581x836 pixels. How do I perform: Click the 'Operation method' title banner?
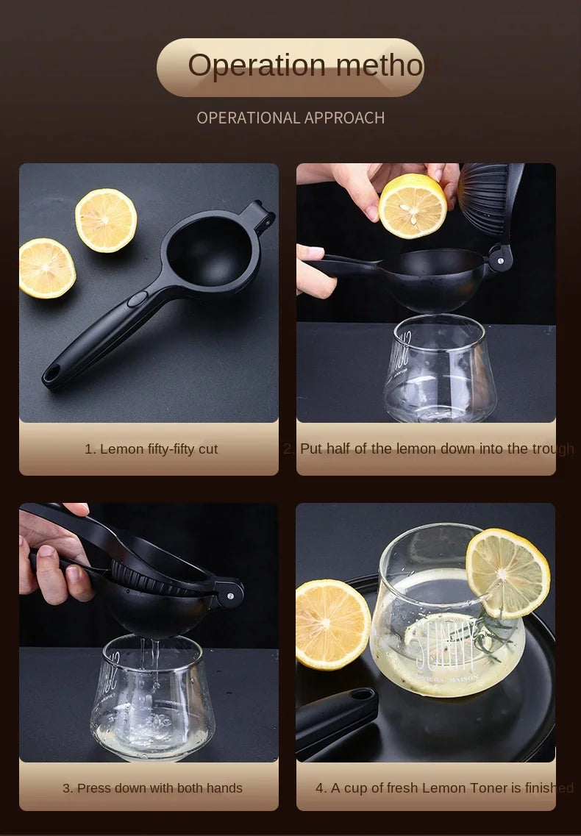point(290,67)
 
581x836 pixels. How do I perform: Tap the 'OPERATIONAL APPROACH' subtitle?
point(290,118)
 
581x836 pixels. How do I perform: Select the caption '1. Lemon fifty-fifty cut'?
point(151,449)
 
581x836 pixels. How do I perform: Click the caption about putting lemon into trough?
point(428,449)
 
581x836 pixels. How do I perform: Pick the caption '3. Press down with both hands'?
point(152,787)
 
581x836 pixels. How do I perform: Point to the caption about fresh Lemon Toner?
point(443,787)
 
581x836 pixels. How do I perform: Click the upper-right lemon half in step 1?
point(106,221)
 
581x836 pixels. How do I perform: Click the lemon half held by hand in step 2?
point(413,206)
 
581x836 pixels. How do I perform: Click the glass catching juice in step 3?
point(152,699)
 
